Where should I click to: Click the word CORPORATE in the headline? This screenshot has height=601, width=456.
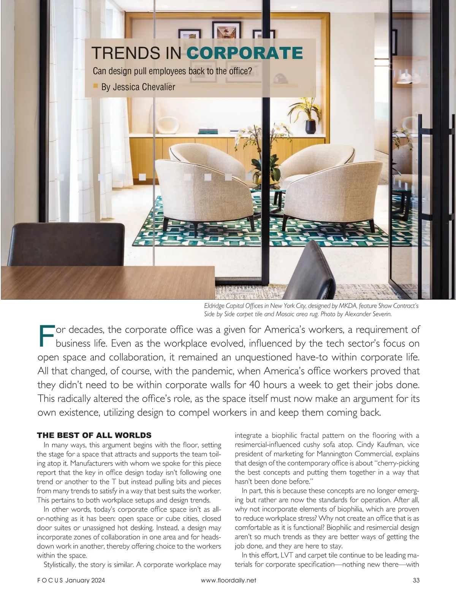click(245, 53)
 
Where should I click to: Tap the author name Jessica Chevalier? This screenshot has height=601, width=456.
click(138, 87)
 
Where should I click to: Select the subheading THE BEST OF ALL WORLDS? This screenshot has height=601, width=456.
click(94, 435)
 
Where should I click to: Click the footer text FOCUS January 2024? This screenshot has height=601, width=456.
click(71, 580)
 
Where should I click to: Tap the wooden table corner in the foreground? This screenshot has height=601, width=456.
click(106, 281)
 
